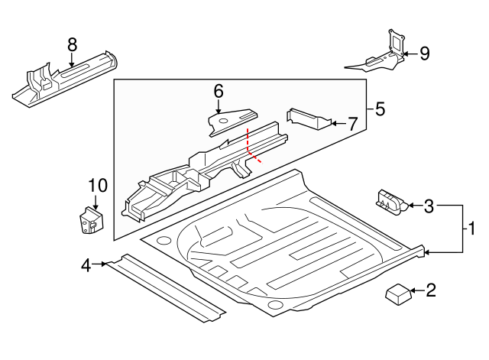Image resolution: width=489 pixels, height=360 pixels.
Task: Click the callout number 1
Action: pos(471,228)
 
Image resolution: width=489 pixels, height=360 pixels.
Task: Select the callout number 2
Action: pos(431,290)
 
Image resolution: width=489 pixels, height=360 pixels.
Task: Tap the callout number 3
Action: pos(429,205)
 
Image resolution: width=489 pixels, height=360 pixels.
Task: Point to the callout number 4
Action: pos(87,265)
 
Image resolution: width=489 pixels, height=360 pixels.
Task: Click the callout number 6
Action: pos(219,91)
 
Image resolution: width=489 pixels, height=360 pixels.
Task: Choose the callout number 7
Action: pos(351,123)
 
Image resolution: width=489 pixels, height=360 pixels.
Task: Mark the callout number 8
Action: pos(73,45)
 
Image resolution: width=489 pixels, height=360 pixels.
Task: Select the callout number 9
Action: pos(424,53)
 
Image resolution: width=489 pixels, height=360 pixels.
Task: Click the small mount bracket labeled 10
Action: pos(92,220)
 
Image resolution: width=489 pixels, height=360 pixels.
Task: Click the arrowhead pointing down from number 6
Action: pos(219,111)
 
